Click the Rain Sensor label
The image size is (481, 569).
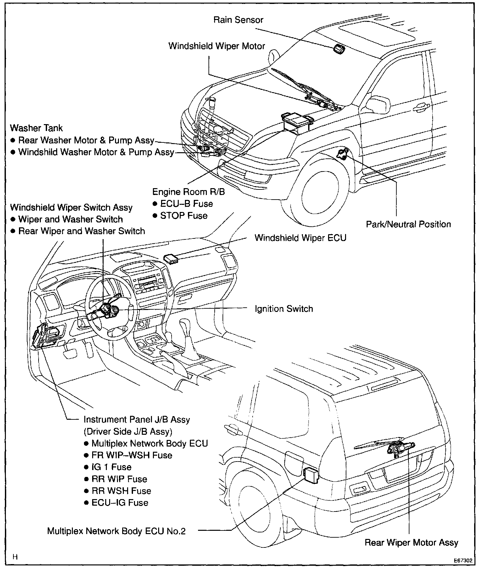coord(238,20)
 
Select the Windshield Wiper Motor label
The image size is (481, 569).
coord(216,46)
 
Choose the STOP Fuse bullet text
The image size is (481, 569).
coord(184,216)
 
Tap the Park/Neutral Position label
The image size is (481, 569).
coord(408,224)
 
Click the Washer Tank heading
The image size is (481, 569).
coord(36,128)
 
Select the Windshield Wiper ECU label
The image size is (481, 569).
coord(300,238)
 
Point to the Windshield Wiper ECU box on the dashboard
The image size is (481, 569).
coord(171,258)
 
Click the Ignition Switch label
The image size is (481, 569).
coord(284,309)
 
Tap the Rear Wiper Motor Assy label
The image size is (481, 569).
coord(411,543)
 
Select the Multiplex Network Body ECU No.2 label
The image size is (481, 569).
coord(116,531)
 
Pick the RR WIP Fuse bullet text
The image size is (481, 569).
coord(119,479)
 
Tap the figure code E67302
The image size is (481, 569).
coord(462,560)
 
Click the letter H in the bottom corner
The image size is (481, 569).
coord(15,557)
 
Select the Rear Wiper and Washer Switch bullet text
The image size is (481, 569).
coord(81,231)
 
